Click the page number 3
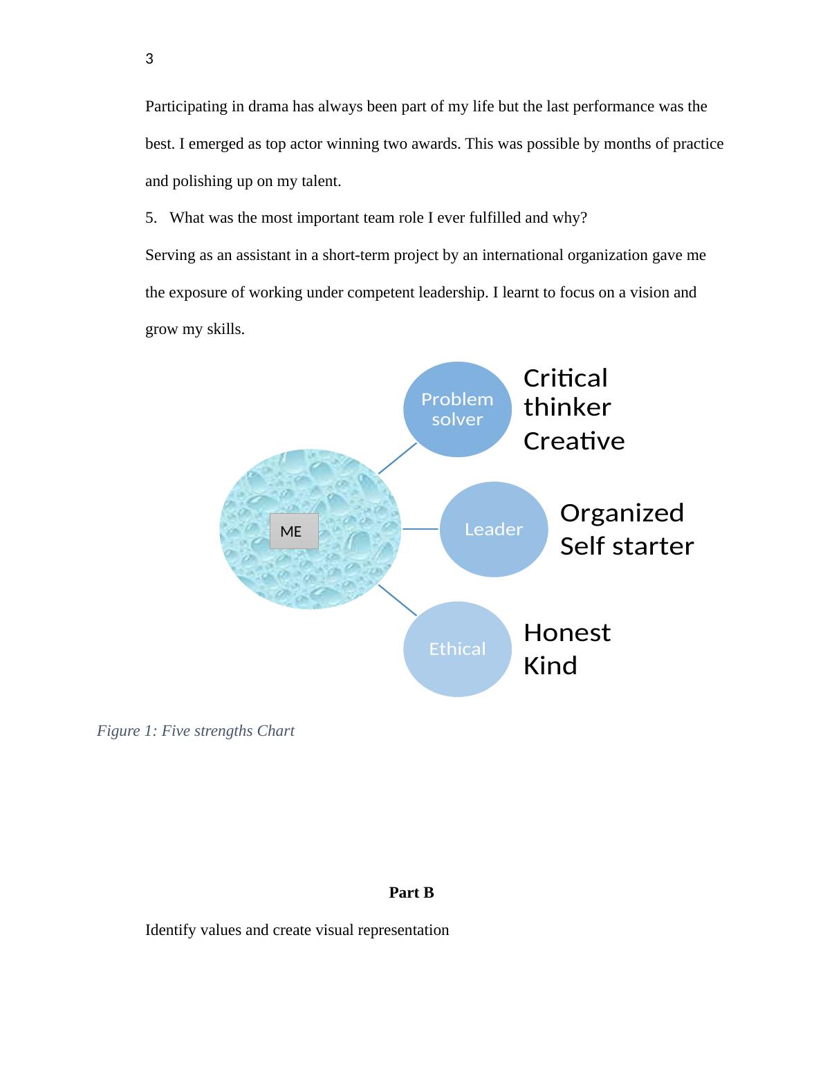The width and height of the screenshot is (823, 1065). [149, 59]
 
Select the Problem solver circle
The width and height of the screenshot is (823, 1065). [457, 409]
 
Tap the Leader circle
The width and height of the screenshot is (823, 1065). [493, 529]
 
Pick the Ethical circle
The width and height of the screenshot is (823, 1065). [457, 649]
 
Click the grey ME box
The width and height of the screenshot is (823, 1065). [293, 531]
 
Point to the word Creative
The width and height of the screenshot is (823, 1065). [573, 441]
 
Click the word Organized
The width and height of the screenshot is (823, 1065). [621, 513]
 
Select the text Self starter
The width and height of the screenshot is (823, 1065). [626, 546]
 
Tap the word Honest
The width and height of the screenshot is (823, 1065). [566, 633]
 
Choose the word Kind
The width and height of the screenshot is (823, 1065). [550, 666]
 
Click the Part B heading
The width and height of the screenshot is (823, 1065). [411, 893]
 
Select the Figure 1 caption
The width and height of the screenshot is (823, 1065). [196, 731]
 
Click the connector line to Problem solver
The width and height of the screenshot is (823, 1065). [398, 458]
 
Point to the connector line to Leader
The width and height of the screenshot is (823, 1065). [420, 529]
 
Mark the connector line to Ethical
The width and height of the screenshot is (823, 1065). [398, 600]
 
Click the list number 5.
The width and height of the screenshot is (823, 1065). [151, 218]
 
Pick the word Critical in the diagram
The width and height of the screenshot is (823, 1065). [565, 378]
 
